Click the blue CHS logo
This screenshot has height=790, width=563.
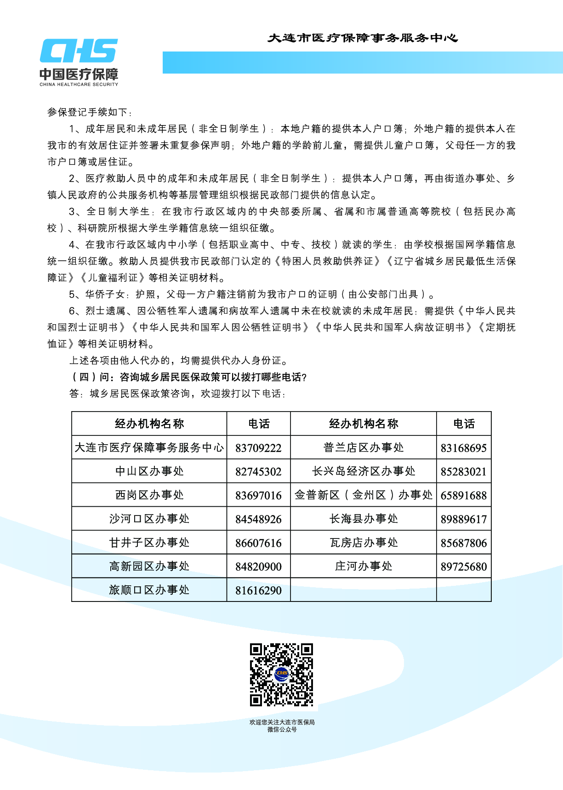coord(79,51)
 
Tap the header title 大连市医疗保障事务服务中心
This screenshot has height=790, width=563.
coord(363,38)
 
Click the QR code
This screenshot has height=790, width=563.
coord(281,675)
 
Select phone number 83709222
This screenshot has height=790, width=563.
coord(258,448)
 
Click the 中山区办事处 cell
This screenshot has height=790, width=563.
coord(149,471)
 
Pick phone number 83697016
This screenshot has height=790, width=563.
coord(258,495)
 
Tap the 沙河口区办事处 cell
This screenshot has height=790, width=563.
coord(149,519)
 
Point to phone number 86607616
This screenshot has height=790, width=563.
coord(258,543)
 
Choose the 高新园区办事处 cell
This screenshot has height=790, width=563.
coord(149,567)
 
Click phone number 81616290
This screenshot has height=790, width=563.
coord(258,590)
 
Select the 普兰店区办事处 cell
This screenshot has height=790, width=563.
coord(363,448)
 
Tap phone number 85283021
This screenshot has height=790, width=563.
coord(463,472)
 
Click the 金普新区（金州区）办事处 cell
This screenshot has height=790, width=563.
coord(363,495)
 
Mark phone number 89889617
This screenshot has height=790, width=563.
coord(463,519)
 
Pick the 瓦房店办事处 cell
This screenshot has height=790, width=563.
coord(363,543)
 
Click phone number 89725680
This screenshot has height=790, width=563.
coord(463,567)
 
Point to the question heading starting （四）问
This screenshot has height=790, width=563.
coord(188,377)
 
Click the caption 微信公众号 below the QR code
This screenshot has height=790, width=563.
coord(282,729)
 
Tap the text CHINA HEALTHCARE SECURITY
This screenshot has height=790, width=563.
coord(79,85)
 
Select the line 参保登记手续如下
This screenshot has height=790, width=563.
coord(90,112)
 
